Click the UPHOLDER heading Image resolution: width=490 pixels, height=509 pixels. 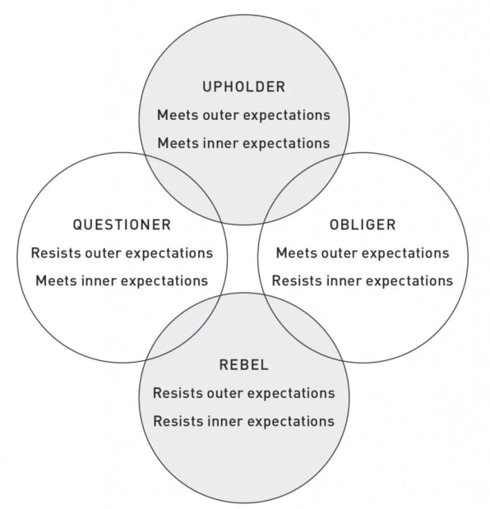tap(243, 87)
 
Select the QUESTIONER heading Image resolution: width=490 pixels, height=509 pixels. tap(122, 225)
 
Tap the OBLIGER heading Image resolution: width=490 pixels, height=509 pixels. tap(363, 225)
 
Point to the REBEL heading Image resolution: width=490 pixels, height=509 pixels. tap(244, 365)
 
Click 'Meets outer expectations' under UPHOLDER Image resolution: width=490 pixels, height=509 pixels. tap(243, 116)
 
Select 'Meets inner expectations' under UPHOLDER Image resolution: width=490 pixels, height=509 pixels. tap(243, 143)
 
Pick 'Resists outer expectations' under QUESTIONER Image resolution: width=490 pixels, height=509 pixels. tap(122, 253)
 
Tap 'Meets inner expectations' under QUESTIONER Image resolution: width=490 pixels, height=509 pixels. tap(122, 281)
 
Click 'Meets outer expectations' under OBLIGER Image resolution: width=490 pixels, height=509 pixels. tap(363, 253)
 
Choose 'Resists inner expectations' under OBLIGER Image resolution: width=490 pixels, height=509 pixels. tap(363, 281)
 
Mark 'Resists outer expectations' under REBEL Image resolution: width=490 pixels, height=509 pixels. tap(244, 393)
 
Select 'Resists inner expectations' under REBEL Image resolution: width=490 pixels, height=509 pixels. tap(244, 421)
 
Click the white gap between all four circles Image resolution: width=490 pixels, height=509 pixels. tap(243, 258)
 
